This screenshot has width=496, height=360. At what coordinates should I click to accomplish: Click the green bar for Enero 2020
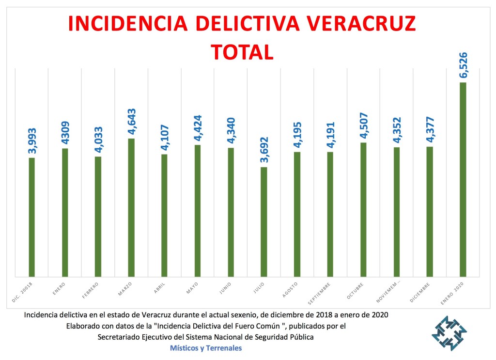(x=463, y=179)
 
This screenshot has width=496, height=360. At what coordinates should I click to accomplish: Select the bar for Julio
(x=263, y=222)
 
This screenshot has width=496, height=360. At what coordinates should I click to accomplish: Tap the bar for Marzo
(x=131, y=207)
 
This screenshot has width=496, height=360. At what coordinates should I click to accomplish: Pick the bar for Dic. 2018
(x=32, y=217)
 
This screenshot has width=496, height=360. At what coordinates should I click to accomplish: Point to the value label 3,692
(x=264, y=149)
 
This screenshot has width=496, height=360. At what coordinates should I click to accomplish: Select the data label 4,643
(x=131, y=121)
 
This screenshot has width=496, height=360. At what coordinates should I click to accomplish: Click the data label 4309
(x=65, y=130)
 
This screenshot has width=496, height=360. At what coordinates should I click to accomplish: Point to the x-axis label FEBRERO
(x=91, y=289)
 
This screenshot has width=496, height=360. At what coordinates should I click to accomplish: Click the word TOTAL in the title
(x=242, y=52)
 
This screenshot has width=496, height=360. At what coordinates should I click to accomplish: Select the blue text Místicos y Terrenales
(x=206, y=348)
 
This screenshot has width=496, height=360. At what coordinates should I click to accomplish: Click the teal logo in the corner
(x=449, y=333)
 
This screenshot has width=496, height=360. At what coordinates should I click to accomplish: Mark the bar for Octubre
(x=363, y=209)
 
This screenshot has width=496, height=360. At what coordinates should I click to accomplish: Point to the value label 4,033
(x=98, y=139)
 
